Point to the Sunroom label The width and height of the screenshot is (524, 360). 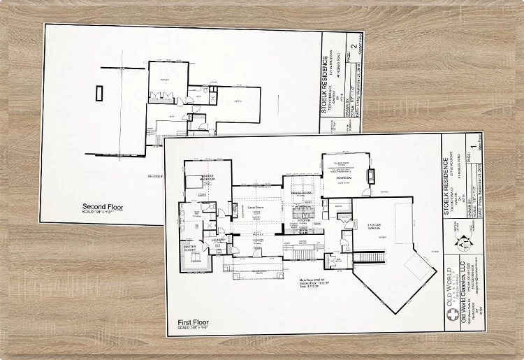click(344, 178)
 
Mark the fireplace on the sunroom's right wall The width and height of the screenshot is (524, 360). click(371, 175)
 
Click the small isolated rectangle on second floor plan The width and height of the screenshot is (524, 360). click(99, 92)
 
